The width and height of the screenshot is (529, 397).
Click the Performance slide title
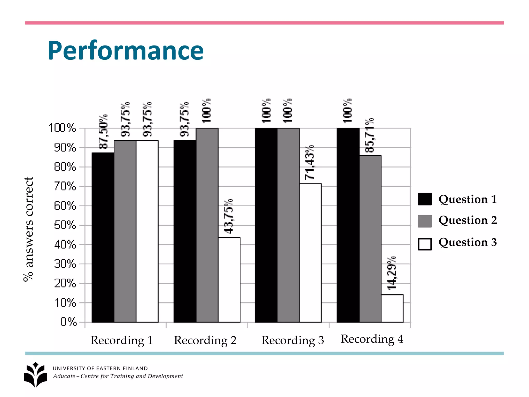pos(126,51)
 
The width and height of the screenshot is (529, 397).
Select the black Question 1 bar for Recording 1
pos(103,237)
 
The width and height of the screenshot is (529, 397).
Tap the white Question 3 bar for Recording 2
pos(229,280)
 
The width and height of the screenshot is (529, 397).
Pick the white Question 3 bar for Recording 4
pos(392,308)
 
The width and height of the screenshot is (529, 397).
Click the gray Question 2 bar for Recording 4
pos(370,239)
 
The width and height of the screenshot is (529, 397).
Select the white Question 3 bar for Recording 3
pos(310,253)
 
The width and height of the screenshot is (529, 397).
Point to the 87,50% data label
pos(103,132)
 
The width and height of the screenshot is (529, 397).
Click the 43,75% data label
pos(228,217)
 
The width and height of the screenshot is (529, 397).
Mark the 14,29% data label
pos(391,273)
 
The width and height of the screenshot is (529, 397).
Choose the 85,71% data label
pos(369,135)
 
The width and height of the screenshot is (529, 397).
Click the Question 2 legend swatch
pos(425,221)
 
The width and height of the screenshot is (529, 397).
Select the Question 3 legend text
pos(468,242)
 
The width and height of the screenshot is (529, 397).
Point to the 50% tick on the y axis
pos(65,225)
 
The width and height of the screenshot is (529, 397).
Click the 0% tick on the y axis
pos(68,322)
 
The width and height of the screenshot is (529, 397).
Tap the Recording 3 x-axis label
pos(292,340)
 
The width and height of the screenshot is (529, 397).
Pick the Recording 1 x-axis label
pos(122,340)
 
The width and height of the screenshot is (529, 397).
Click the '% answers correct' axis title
pos(28,229)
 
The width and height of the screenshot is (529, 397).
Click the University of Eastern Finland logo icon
pos(36,375)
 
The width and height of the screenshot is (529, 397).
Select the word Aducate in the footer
pos(64,376)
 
